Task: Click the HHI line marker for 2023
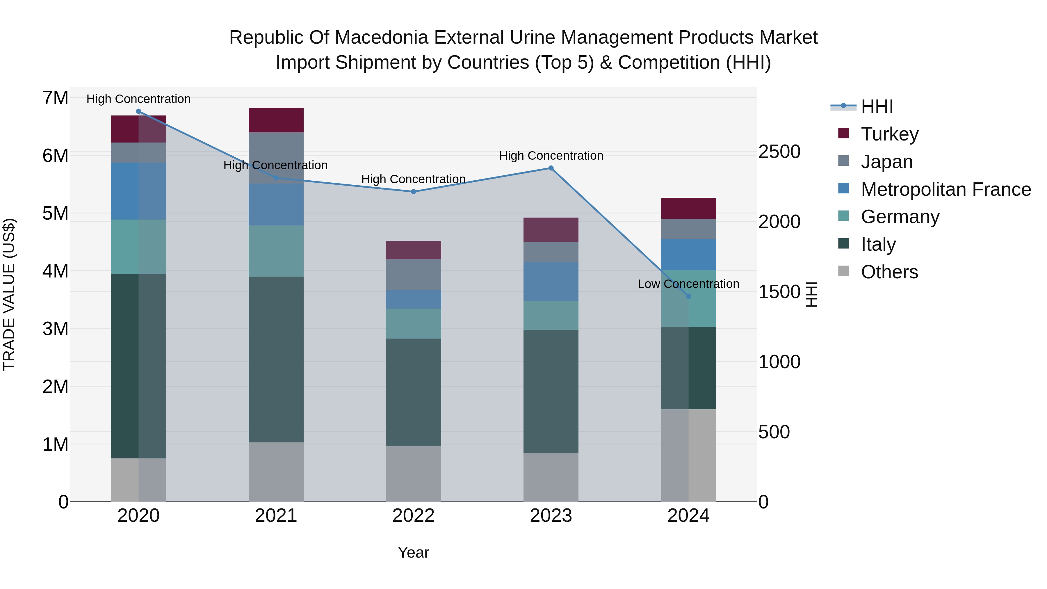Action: point(551,168)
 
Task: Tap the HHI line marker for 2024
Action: point(688,296)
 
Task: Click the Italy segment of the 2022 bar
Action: point(413,392)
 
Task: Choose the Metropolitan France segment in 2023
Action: point(551,281)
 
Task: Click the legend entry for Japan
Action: point(886,161)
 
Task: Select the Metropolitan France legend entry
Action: point(945,189)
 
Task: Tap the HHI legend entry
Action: point(877,106)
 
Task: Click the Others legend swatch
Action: point(843,271)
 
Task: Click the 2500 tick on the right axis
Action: point(779,152)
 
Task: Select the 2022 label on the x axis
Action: point(413,515)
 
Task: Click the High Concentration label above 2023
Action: point(551,156)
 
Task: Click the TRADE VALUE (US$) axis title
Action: point(9,294)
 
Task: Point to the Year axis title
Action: point(413,552)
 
